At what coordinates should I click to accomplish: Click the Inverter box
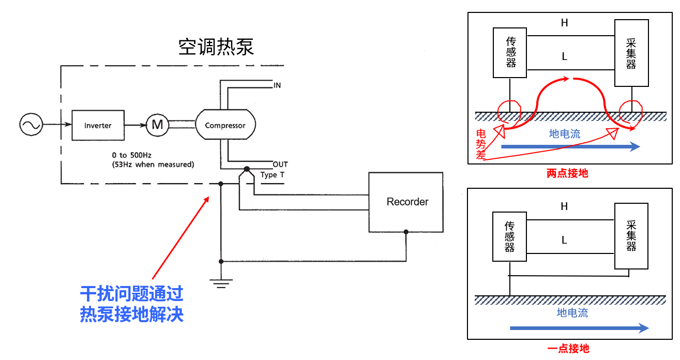point(98,125)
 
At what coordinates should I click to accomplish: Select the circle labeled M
point(157,125)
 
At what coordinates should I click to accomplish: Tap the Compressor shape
point(225,125)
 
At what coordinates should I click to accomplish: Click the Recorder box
point(406,202)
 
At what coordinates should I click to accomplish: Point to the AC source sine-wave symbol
point(31,125)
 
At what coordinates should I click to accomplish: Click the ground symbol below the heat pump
point(221,282)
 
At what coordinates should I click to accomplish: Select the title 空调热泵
point(216,47)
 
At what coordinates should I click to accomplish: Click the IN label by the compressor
point(277,85)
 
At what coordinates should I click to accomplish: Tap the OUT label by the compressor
point(280,164)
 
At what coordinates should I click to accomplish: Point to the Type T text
point(273,175)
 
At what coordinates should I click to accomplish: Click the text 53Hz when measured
point(153,164)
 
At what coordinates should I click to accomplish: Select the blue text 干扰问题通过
point(132,294)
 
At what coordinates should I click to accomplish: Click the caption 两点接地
point(567,173)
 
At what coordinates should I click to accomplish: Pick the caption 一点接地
point(568,349)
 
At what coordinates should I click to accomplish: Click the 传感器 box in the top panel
point(510,52)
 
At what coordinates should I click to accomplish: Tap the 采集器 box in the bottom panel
point(631,236)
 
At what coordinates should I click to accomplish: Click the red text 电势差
point(481,145)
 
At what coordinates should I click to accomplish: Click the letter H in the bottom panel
point(564,206)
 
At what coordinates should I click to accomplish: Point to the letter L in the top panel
point(564,57)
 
